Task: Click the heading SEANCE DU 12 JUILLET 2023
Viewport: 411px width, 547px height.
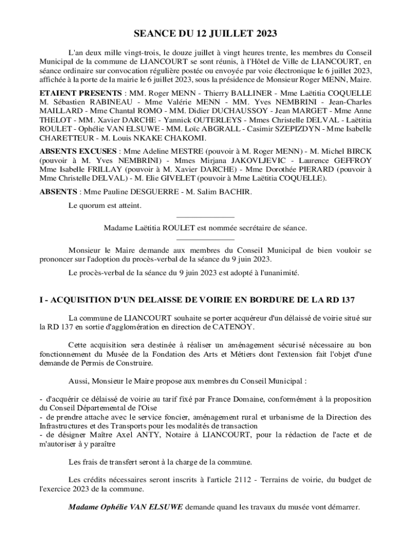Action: tap(205, 34)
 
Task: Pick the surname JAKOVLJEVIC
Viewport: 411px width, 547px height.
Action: tap(258, 160)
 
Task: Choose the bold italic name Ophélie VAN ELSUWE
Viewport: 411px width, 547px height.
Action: tap(127, 506)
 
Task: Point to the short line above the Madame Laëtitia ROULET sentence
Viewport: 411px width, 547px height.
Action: tap(205, 217)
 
